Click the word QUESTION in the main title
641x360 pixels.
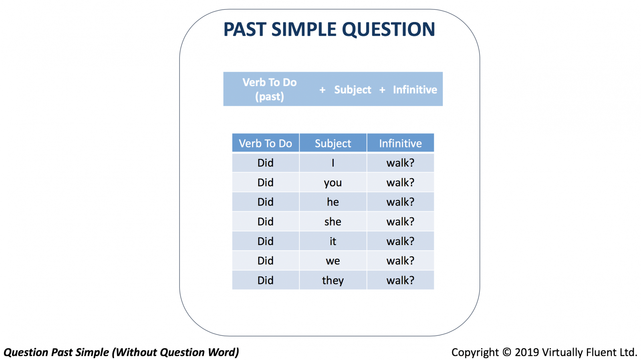point(388,30)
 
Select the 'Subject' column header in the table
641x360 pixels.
point(333,143)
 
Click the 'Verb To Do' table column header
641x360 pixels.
point(266,143)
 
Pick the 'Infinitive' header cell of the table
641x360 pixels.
point(400,143)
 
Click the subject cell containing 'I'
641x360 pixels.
point(333,163)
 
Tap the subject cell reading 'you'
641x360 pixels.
point(333,183)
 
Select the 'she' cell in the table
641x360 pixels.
point(333,221)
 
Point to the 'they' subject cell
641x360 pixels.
point(333,280)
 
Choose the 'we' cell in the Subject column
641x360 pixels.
point(333,261)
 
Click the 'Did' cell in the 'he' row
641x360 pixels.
point(266,202)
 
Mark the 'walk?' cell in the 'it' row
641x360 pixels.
point(400,241)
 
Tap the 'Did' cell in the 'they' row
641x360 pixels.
point(266,280)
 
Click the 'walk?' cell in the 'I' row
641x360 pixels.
point(400,163)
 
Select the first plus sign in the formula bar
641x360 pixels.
point(323,90)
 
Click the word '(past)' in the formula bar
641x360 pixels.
point(270,97)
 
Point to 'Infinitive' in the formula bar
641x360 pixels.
point(415,90)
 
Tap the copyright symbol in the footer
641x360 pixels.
point(507,352)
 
